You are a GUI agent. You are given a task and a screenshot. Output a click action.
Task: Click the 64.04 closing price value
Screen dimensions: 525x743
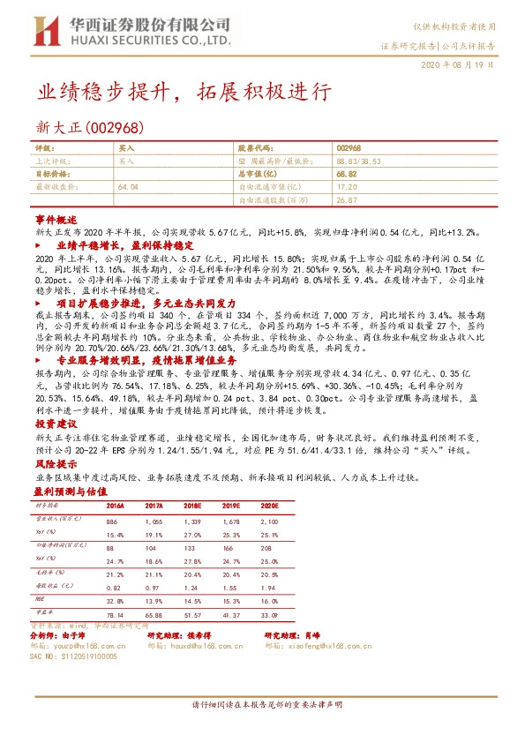[x=128, y=187]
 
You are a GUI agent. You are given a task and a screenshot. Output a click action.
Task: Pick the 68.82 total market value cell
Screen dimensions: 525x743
[x=347, y=175]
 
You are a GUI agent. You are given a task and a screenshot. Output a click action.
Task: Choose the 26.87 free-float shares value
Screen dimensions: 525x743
[x=347, y=200]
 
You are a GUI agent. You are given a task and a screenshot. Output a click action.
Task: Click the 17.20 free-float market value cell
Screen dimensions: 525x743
[x=347, y=187]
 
